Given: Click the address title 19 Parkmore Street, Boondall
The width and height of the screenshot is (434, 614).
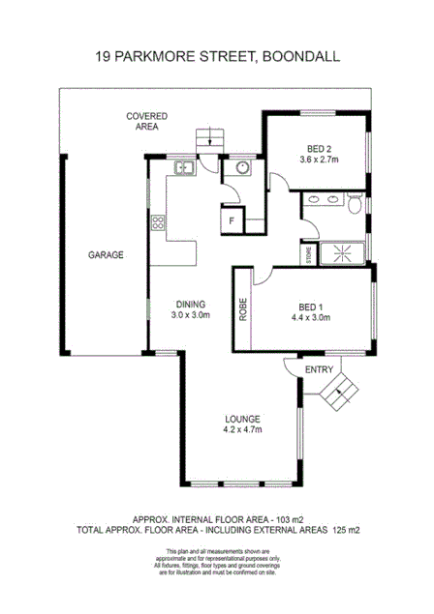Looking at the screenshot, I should click(x=216, y=57).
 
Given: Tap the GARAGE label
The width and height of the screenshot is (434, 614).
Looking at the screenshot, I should click(x=106, y=255).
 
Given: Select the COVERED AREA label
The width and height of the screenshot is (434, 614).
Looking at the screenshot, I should click(x=146, y=121).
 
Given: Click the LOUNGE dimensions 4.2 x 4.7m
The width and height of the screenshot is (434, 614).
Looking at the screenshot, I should click(x=243, y=429).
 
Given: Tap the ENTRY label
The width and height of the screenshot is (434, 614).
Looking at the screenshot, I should click(x=319, y=370).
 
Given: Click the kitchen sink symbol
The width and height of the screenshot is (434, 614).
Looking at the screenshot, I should click(x=185, y=169).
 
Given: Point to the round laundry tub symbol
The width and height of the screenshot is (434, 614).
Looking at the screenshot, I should click(x=241, y=169).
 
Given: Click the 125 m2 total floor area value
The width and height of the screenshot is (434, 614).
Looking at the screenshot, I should click(x=345, y=531).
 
